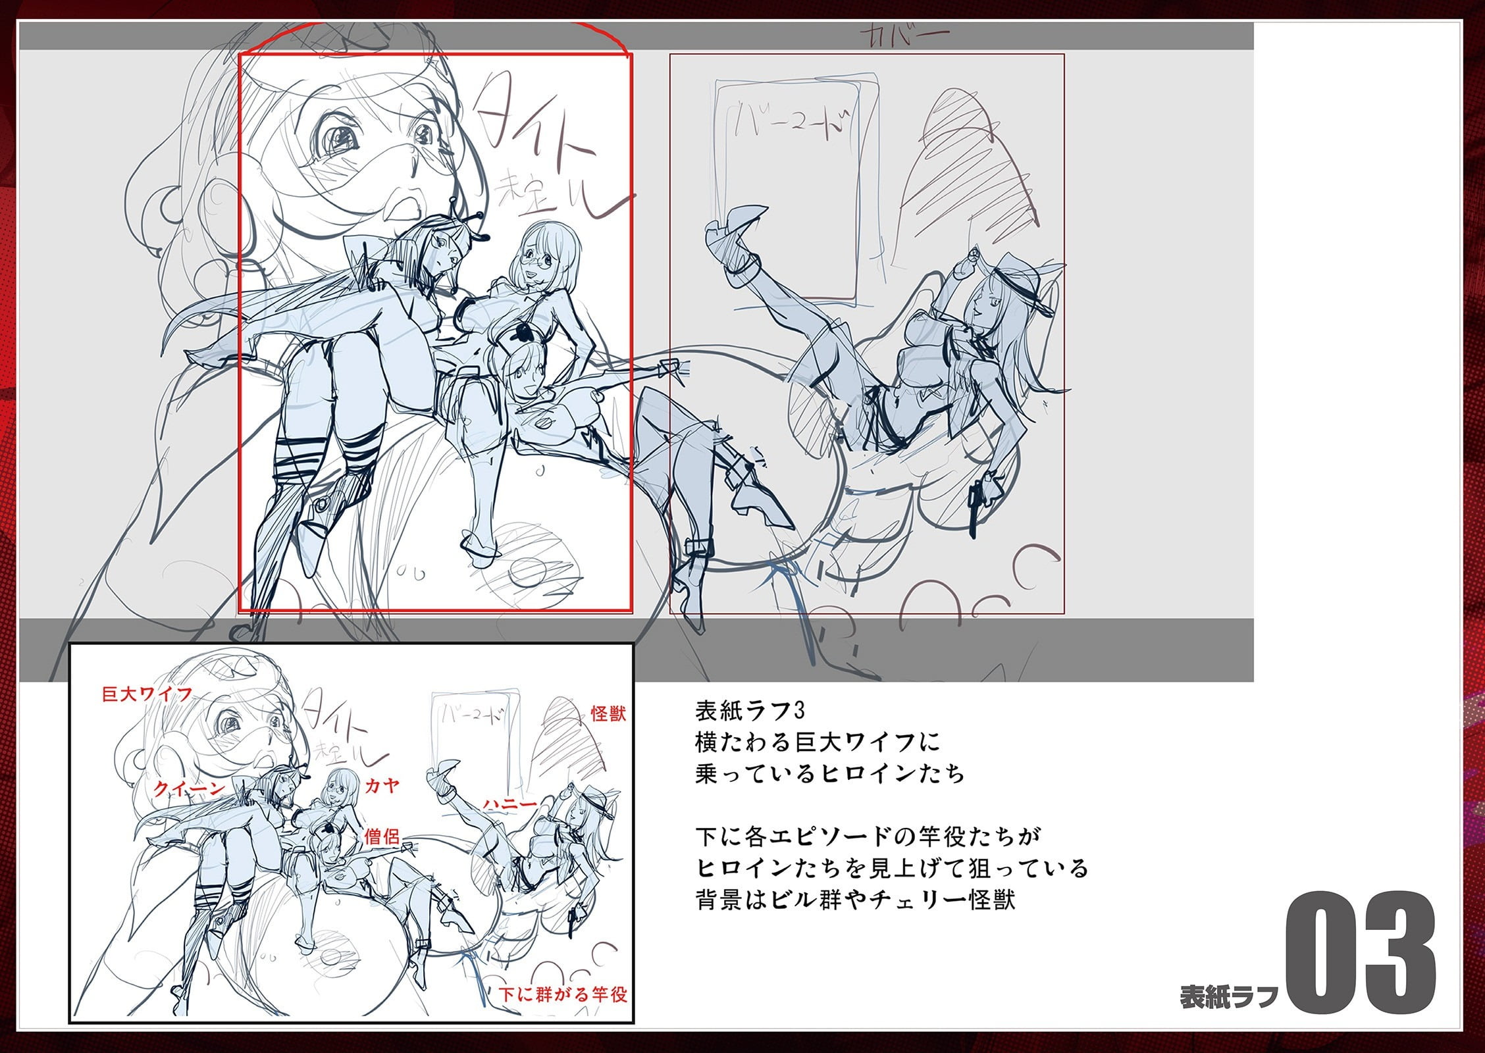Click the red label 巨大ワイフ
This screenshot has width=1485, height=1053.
147,694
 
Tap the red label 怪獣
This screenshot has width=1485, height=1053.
608,713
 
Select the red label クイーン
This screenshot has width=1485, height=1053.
189,788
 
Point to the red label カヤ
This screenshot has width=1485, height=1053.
382,785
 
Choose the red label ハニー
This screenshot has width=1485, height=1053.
510,804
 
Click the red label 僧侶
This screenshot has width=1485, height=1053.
382,836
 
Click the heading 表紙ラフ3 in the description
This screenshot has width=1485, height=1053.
750,711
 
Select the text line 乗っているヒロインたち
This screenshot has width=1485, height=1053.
829,774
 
